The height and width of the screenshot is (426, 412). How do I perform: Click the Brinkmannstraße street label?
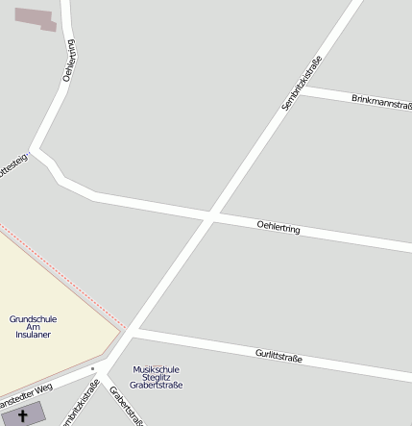coord(381,101)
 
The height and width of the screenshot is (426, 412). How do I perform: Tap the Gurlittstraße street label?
coord(279,357)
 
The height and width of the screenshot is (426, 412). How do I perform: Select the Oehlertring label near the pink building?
coord(68,61)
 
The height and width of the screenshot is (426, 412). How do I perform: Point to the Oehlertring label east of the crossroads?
coord(279,228)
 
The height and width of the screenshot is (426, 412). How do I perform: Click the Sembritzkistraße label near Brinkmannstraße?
coord(302,86)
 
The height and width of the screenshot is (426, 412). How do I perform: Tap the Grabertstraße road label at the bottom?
coord(126,405)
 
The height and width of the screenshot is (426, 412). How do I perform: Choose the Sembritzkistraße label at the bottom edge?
coord(81,404)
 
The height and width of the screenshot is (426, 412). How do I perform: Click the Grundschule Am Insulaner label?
coord(33,326)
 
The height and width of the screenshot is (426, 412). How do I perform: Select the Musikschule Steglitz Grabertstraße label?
coord(156,377)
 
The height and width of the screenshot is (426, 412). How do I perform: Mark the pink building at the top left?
coord(36,17)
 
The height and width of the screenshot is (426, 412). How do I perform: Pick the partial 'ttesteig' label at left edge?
coord(12,165)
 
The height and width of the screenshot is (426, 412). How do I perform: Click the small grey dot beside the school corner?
coord(93,367)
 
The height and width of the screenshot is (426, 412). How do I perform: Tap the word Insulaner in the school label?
coord(33,335)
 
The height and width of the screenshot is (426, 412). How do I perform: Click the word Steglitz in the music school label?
coord(156,377)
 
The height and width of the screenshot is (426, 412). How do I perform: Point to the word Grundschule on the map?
coord(33,318)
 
